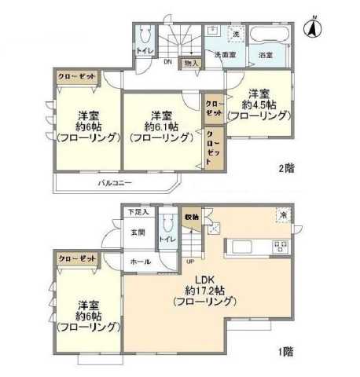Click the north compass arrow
pyautogui.click(x=313, y=27)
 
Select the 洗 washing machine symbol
pyautogui.click(x=235, y=34)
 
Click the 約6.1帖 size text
pyautogui.click(x=161, y=126)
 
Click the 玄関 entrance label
pyautogui.click(x=138, y=232)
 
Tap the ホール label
pyautogui.click(x=140, y=262)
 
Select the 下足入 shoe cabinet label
pyautogui.click(x=138, y=212)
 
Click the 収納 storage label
pyautogui.click(x=191, y=216)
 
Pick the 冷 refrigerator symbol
pyautogui.click(x=281, y=215)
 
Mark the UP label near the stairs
pyautogui.click(x=189, y=261)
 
